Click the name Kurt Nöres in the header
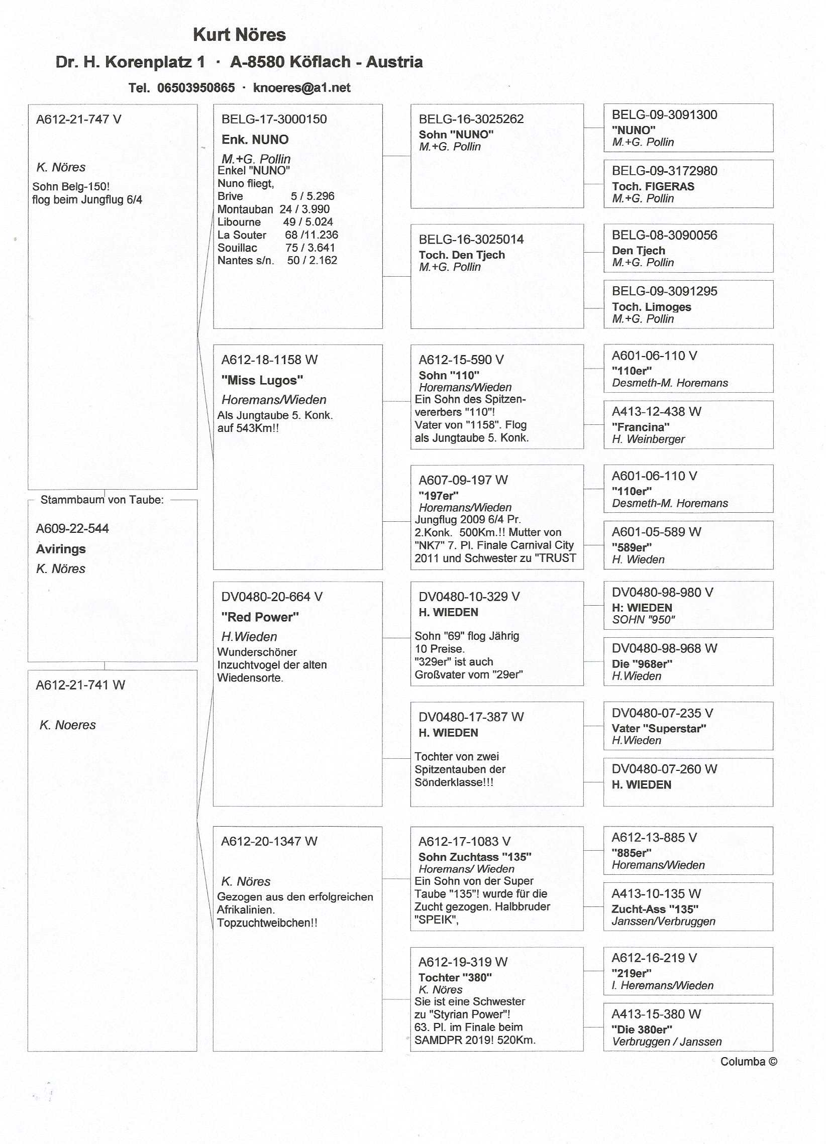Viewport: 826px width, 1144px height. pyautogui.click(x=239, y=35)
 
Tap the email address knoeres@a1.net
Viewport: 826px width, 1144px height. pyautogui.click(x=301, y=88)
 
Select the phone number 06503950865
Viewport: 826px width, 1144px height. pyautogui.click(x=196, y=88)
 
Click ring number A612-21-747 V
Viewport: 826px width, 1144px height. pyautogui.click(x=79, y=120)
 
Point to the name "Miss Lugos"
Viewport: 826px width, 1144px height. pyautogui.click(x=262, y=380)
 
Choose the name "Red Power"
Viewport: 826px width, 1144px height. pyautogui.click(x=260, y=617)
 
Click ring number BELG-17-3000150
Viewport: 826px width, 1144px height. pyautogui.click(x=274, y=120)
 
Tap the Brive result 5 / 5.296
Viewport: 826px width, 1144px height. pyautogui.click(x=313, y=196)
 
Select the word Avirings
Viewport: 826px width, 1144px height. pyautogui.click(x=61, y=549)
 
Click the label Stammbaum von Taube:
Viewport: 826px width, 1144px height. pyautogui.click(x=102, y=500)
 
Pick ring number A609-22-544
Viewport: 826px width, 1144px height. pyautogui.click(x=72, y=529)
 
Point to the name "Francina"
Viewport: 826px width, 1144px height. pyautogui.click(x=640, y=427)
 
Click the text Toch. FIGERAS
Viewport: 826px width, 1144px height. pyautogui.click(x=653, y=187)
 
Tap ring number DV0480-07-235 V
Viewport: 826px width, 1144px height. pyautogui.click(x=662, y=713)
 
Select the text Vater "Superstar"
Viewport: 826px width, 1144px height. pyautogui.click(x=659, y=728)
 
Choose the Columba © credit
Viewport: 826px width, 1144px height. pyautogui.click(x=748, y=1062)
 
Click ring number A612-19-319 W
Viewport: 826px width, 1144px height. pyautogui.click(x=463, y=962)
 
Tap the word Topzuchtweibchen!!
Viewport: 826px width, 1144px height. pyautogui.click(x=267, y=923)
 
